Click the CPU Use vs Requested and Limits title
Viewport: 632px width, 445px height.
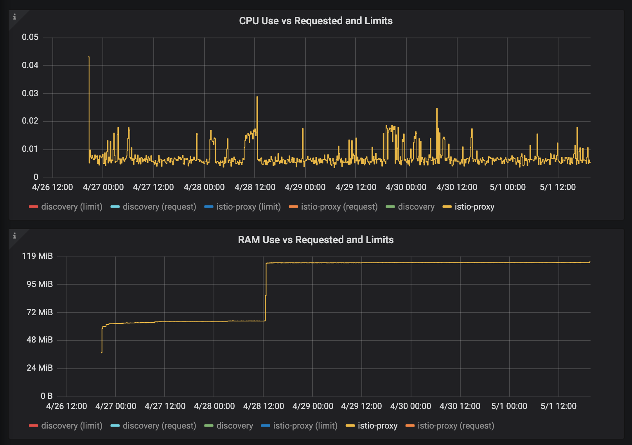[x=316, y=21]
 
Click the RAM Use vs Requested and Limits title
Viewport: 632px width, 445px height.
[x=316, y=240]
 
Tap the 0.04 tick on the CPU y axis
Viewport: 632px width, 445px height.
[x=30, y=65]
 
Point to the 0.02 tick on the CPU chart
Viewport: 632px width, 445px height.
[x=30, y=121]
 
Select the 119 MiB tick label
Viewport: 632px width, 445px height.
[x=37, y=256]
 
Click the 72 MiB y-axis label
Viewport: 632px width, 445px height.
[x=39, y=312]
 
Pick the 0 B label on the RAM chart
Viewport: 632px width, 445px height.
[x=47, y=396]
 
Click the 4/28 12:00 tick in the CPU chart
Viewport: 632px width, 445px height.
[x=255, y=187]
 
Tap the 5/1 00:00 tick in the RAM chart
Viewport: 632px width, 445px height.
[x=509, y=406]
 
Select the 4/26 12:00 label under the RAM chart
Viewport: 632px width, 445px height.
[x=66, y=406]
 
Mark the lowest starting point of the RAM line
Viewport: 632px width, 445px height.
[x=102, y=352]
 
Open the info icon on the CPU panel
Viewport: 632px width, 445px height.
[x=15, y=17]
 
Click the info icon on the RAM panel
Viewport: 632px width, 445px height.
[x=15, y=236]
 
